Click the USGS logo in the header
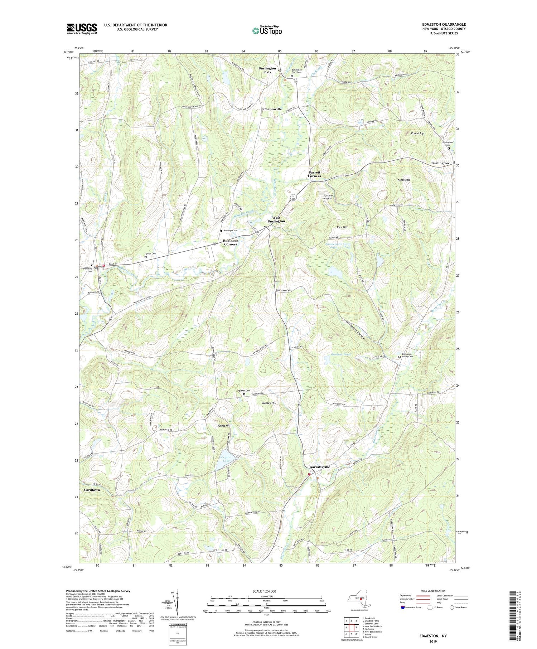[x=82, y=29]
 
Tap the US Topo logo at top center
[x=267, y=30]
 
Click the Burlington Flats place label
[x=267, y=70]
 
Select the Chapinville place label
[x=272, y=109]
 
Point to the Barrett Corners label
[x=314, y=174]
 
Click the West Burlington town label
[x=276, y=219]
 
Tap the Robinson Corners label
[x=231, y=242]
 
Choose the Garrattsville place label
[x=319, y=467]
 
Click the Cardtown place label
[x=92, y=489]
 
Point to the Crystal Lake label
[x=226, y=459]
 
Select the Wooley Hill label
[x=269, y=403]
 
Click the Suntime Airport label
[x=328, y=197]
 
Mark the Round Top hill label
[x=417, y=133]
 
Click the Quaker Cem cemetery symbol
[x=245, y=394]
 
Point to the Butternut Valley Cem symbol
[x=400, y=357]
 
